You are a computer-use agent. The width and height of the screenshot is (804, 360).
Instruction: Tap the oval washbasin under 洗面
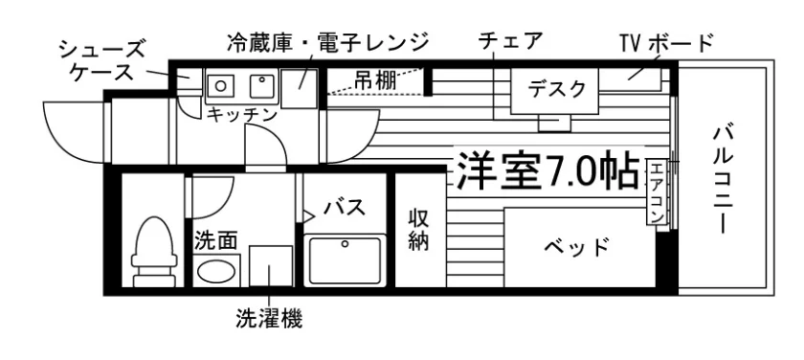pyautogui.click(x=216, y=272)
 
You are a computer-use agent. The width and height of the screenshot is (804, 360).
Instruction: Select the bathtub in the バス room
pyautogui.click(x=345, y=260)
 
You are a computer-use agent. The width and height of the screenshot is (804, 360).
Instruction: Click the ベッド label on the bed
pyautogui.click(x=577, y=248)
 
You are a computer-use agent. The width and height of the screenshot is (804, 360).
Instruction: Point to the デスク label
pyautogui.click(x=556, y=89)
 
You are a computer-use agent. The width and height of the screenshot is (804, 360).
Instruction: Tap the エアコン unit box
pyautogui.click(x=656, y=192)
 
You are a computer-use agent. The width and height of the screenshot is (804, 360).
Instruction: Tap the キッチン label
pyautogui.click(x=241, y=115)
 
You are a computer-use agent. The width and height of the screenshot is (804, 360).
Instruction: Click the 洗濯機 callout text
pyautogui.click(x=269, y=318)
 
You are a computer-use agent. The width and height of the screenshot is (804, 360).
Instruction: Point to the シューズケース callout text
pyautogui.click(x=101, y=60)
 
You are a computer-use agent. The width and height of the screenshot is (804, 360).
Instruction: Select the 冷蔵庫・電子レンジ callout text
pyautogui.click(x=327, y=42)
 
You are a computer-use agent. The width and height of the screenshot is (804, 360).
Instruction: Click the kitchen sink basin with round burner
pyautogui.click(x=220, y=85)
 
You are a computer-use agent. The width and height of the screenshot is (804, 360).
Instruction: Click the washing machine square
pyautogui.click(x=271, y=265)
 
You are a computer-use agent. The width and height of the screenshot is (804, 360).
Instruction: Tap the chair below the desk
pyautogui.click(x=554, y=123)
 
